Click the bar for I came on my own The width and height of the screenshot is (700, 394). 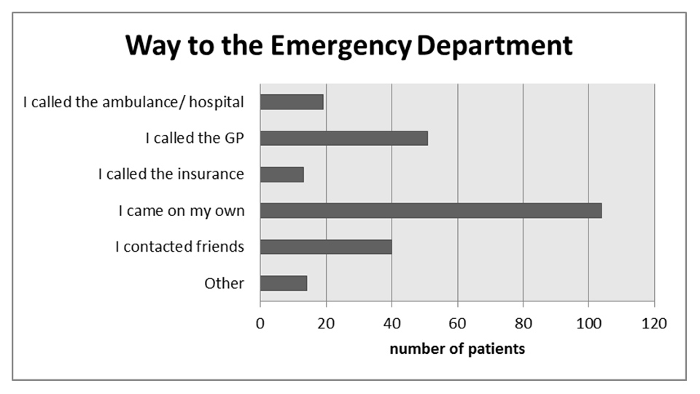pos(430,211)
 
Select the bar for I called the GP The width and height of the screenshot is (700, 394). pos(343,138)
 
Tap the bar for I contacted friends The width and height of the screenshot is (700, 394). pos(326,247)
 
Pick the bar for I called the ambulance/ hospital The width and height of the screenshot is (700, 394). pos(292,102)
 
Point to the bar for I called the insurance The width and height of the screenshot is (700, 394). pos(281,174)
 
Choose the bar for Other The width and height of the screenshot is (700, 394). pos(284,283)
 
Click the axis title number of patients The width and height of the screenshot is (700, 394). pos(457,349)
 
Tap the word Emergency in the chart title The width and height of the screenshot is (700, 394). pos(341,47)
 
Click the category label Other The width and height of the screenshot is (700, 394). pos(224,283)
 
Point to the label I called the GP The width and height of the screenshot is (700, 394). pos(195,138)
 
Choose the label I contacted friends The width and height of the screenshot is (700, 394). pos(179,247)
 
